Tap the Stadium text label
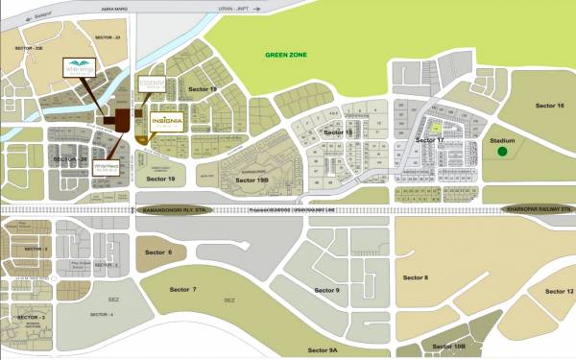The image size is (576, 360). [x=503, y=140]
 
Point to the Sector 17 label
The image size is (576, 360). [x=429, y=140]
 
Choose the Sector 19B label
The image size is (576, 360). [x=252, y=180]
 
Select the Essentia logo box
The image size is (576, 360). [x=153, y=87]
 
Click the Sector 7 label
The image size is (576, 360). [x=180, y=289]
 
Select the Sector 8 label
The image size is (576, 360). [x=415, y=277]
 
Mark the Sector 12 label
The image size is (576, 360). [x=558, y=291]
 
